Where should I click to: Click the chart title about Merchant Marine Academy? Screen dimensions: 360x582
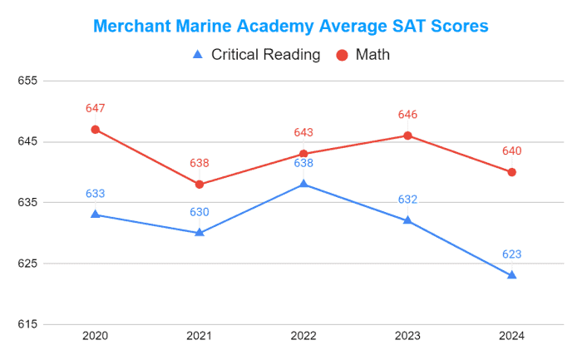[290, 26]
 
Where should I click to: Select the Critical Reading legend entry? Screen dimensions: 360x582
[256, 55]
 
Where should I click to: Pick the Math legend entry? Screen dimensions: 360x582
[363, 55]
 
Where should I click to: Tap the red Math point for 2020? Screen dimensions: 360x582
[96, 130]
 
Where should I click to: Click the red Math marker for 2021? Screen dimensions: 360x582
[200, 185]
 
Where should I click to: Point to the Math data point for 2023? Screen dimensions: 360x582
[407, 136]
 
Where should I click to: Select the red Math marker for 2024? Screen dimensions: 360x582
[511, 172]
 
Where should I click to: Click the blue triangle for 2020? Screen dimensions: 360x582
[96, 215]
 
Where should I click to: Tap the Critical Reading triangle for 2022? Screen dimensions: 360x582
[303, 184]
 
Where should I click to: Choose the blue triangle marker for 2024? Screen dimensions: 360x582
[511, 275]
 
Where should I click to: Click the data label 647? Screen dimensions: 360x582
[96, 109]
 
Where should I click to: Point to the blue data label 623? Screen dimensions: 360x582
[511, 254]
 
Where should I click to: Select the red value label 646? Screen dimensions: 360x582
[407, 115]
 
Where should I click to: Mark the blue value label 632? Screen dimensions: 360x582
[407, 200]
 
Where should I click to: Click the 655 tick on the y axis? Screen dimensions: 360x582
[28, 81]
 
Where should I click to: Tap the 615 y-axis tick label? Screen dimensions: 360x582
[28, 324]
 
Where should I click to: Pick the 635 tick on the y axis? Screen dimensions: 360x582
[28, 203]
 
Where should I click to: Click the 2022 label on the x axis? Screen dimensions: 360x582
[303, 336]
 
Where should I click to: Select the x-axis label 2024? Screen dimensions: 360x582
[511, 336]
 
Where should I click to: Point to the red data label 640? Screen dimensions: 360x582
[511, 151]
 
